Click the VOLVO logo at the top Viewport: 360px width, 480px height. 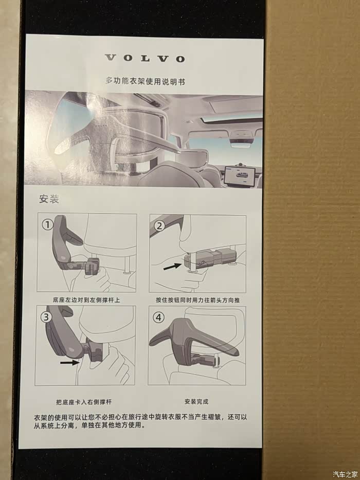[x=145, y=58]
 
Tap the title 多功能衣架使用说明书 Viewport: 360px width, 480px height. [x=145, y=81]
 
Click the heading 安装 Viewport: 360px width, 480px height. [x=49, y=199]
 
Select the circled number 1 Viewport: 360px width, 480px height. [x=47, y=225]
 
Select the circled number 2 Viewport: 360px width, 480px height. [x=159, y=226]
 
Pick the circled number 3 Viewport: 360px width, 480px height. [x=46, y=316]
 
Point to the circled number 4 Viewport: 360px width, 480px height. [x=158, y=317]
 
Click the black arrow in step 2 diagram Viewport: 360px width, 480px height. [x=172, y=266]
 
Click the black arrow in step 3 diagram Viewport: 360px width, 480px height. [x=69, y=363]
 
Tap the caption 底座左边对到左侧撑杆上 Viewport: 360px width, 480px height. [x=86, y=300]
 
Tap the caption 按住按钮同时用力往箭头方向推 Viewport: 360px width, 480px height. [x=198, y=300]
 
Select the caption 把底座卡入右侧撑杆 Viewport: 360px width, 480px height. [x=83, y=402]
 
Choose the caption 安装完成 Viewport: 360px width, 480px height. [x=196, y=401]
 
